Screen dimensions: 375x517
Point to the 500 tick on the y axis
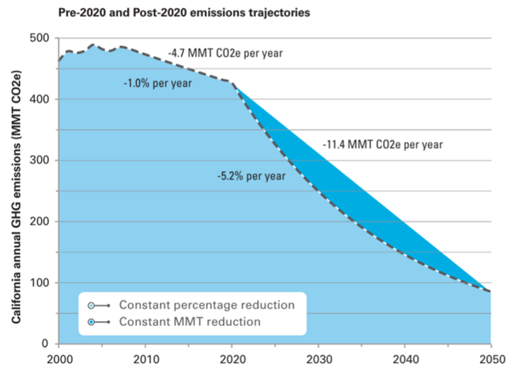(42, 38)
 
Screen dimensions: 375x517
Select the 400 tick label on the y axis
(42, 99)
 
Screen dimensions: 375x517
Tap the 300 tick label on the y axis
(42, 160)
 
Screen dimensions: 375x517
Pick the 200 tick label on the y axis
(42, 221)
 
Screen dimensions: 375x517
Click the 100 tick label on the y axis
(42, 282)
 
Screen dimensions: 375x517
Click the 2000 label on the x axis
(58, 360)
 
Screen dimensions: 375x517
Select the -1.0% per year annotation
(158, 84)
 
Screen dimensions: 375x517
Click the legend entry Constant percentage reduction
(207, 305)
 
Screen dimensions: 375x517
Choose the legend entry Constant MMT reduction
(189, 321)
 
